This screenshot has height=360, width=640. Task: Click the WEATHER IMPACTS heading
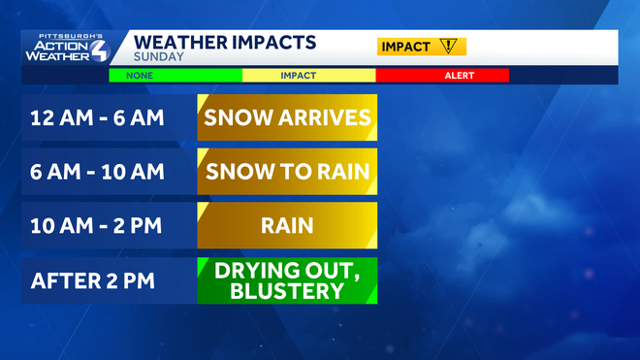coord(223,43)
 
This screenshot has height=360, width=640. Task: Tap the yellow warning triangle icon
coord(447,46)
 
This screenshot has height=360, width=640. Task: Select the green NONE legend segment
coord(175,75)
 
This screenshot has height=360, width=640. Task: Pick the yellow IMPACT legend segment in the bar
coord(308,75)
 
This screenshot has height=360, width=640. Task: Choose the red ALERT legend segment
coord(441,75)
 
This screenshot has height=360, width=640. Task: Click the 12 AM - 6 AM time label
coord(97,118)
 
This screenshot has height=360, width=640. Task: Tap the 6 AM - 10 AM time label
coord(97,172)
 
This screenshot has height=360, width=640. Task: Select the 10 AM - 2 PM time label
coord(97,226)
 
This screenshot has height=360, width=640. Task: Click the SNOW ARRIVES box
coord(286,118)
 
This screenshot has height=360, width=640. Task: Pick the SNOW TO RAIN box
coord(286,172)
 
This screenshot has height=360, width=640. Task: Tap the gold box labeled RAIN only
coord(286,226)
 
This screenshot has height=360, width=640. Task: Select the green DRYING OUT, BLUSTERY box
coord(286,280)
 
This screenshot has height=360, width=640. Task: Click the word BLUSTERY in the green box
coord(287,291)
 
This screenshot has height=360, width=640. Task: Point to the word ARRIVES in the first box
coord(326,118)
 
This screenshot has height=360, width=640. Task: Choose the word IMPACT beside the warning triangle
coord(406,46)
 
